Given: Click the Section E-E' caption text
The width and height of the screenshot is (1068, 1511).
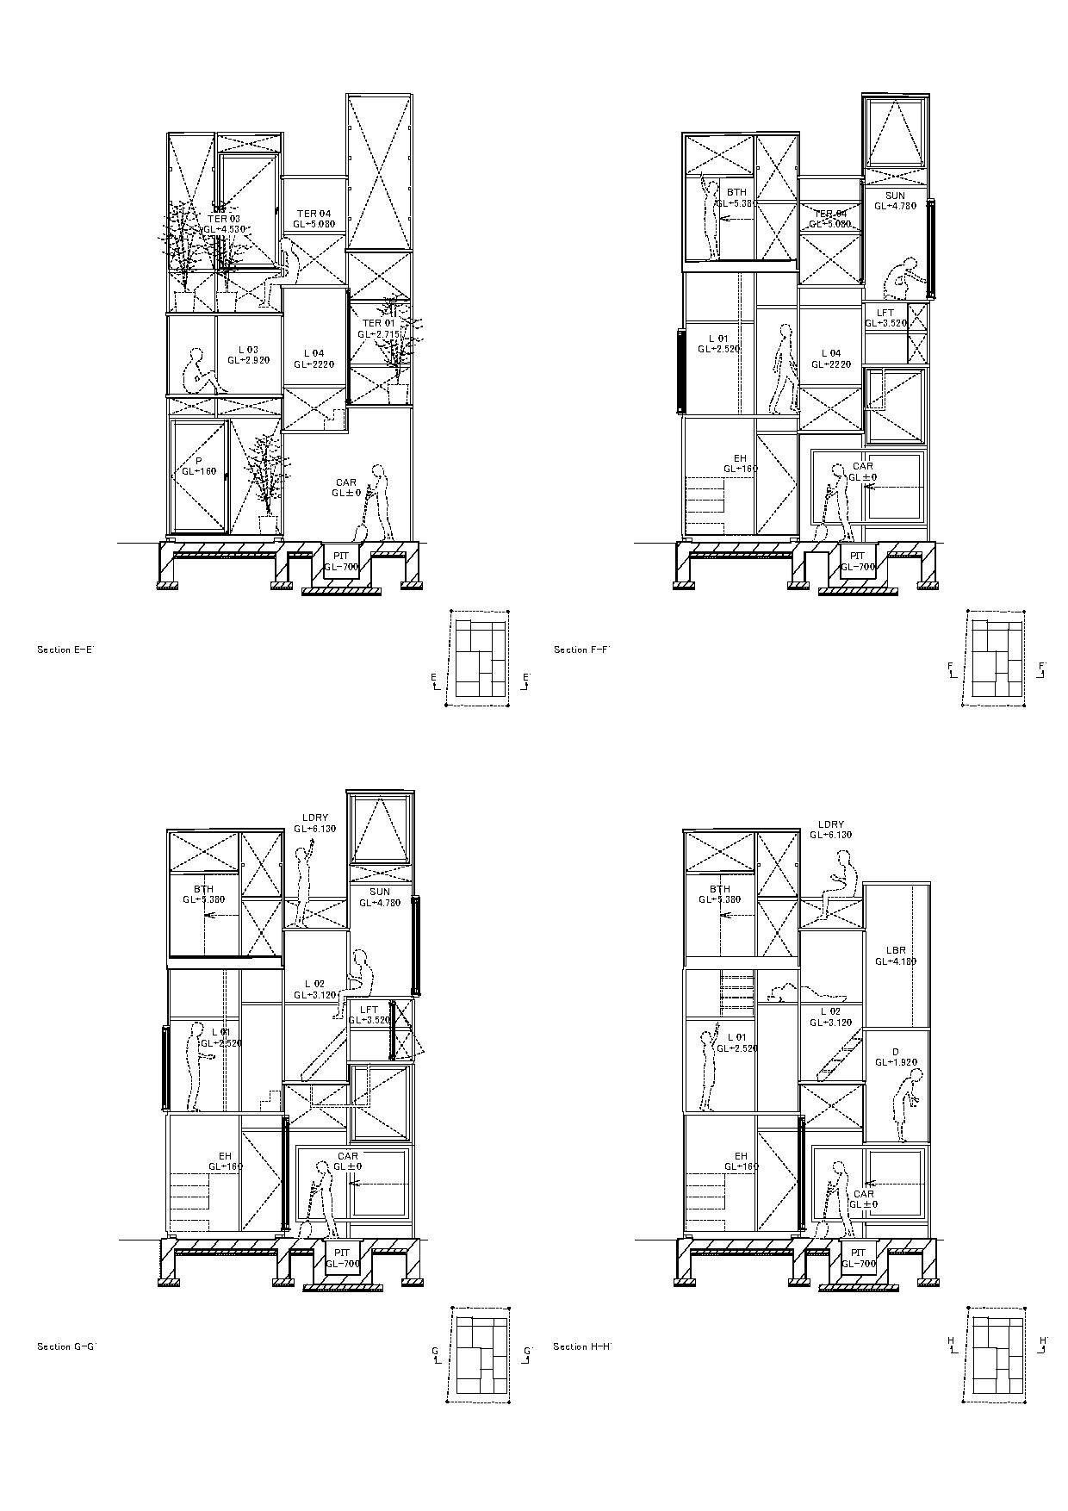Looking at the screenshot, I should tap(65, 650).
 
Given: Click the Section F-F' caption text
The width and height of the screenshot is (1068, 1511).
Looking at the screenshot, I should tap(581, 650).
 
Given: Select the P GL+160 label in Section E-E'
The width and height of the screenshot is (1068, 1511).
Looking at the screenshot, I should tap(198, 467).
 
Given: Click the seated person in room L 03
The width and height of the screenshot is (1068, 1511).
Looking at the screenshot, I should tap(200, 373).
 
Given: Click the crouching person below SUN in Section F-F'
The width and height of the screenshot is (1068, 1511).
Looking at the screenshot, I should tap(904, 278).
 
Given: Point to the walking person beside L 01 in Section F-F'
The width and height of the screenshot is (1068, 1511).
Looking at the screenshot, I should tap(783, 369).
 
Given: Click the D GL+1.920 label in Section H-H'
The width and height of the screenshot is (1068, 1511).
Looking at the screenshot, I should tap(896, 1057).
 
